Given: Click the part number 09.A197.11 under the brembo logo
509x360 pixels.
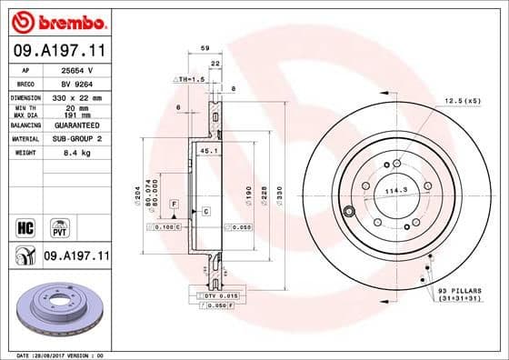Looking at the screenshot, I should [56, 51].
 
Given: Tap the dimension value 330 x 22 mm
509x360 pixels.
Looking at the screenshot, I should [75, 96].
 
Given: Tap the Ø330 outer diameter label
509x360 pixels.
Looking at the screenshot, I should [281, 193].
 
